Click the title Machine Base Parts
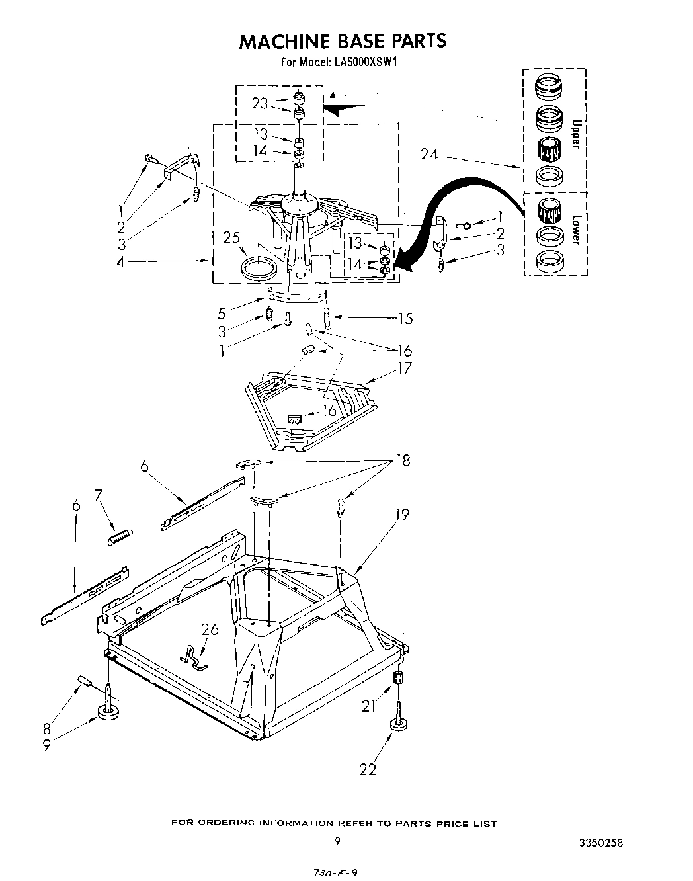coord(342,41)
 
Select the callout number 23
coord(260,103)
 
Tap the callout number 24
coord(430,155)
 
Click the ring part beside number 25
coord(259,269)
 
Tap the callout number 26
coord(211,629)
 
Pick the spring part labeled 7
coord(120,536)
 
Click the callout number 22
coord(368,769)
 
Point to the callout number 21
coord(368,706)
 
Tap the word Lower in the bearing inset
coord(576,230)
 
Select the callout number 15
coord(405,319)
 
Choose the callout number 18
coord(402,460)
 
